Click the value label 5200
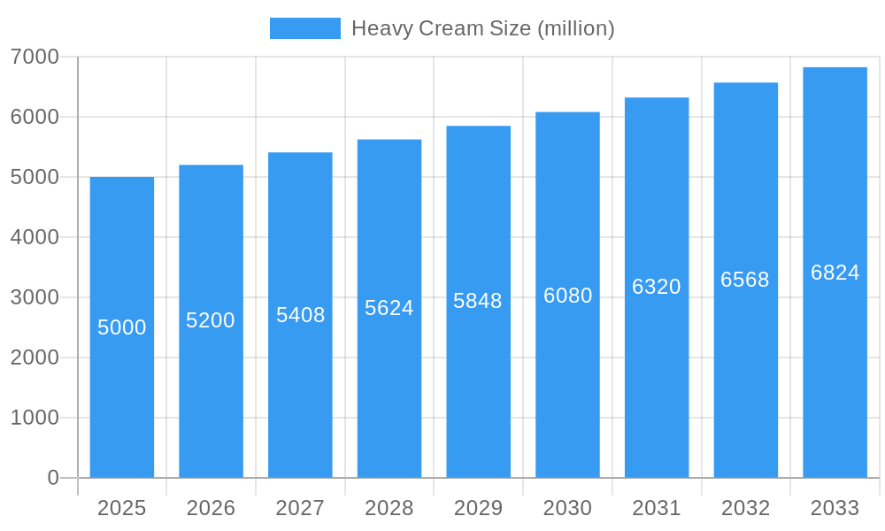(x=211, y=320)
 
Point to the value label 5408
(x=301, y=315)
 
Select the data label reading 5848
(x=478, y=301)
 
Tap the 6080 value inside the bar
(x=568, y=296)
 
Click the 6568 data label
(x=745, y=280)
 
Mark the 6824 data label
(x=835, y=273)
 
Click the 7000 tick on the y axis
(x=35, y=57)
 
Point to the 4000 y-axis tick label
(x=35, y=237)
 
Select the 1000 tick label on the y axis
(x=35, y=418)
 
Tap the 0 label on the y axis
(x=52, y=478)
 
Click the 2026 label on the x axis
(x=211, y=508)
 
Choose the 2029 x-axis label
(x=478, y=508)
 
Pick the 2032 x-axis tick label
(x=745, y=508)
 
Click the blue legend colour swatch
(x=304, y=28)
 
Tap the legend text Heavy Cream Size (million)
(x=482, y=28)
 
